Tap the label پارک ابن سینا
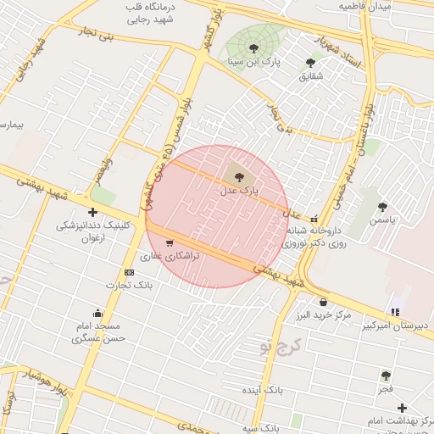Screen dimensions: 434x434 [253, 62]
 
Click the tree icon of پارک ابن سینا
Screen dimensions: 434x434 [253, 48]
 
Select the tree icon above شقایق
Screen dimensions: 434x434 [311, 62]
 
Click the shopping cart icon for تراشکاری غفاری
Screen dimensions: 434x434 [170, 242]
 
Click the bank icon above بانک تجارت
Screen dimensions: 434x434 [129, 272]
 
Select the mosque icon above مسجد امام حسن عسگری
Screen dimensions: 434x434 [98, 313]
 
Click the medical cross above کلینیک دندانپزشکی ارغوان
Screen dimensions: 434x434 [92, 212]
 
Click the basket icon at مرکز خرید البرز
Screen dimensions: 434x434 [323, 303]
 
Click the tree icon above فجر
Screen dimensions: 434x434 [386, 375]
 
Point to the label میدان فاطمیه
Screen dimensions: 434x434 [365, 6]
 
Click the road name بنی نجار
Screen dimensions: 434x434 [94, 37]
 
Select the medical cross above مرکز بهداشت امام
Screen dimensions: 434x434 [402, 408]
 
